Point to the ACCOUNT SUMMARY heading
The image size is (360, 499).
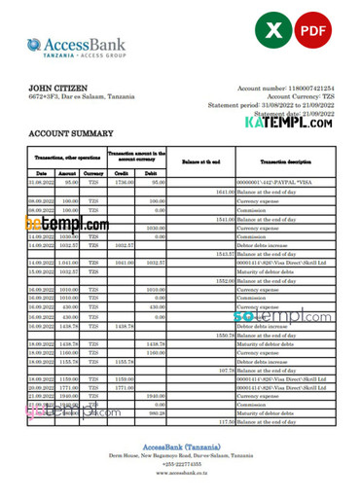pos(71,132)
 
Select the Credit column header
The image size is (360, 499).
pos(122,172)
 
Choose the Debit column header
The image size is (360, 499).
pos(153,172)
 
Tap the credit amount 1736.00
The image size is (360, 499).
pos(123,182)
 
